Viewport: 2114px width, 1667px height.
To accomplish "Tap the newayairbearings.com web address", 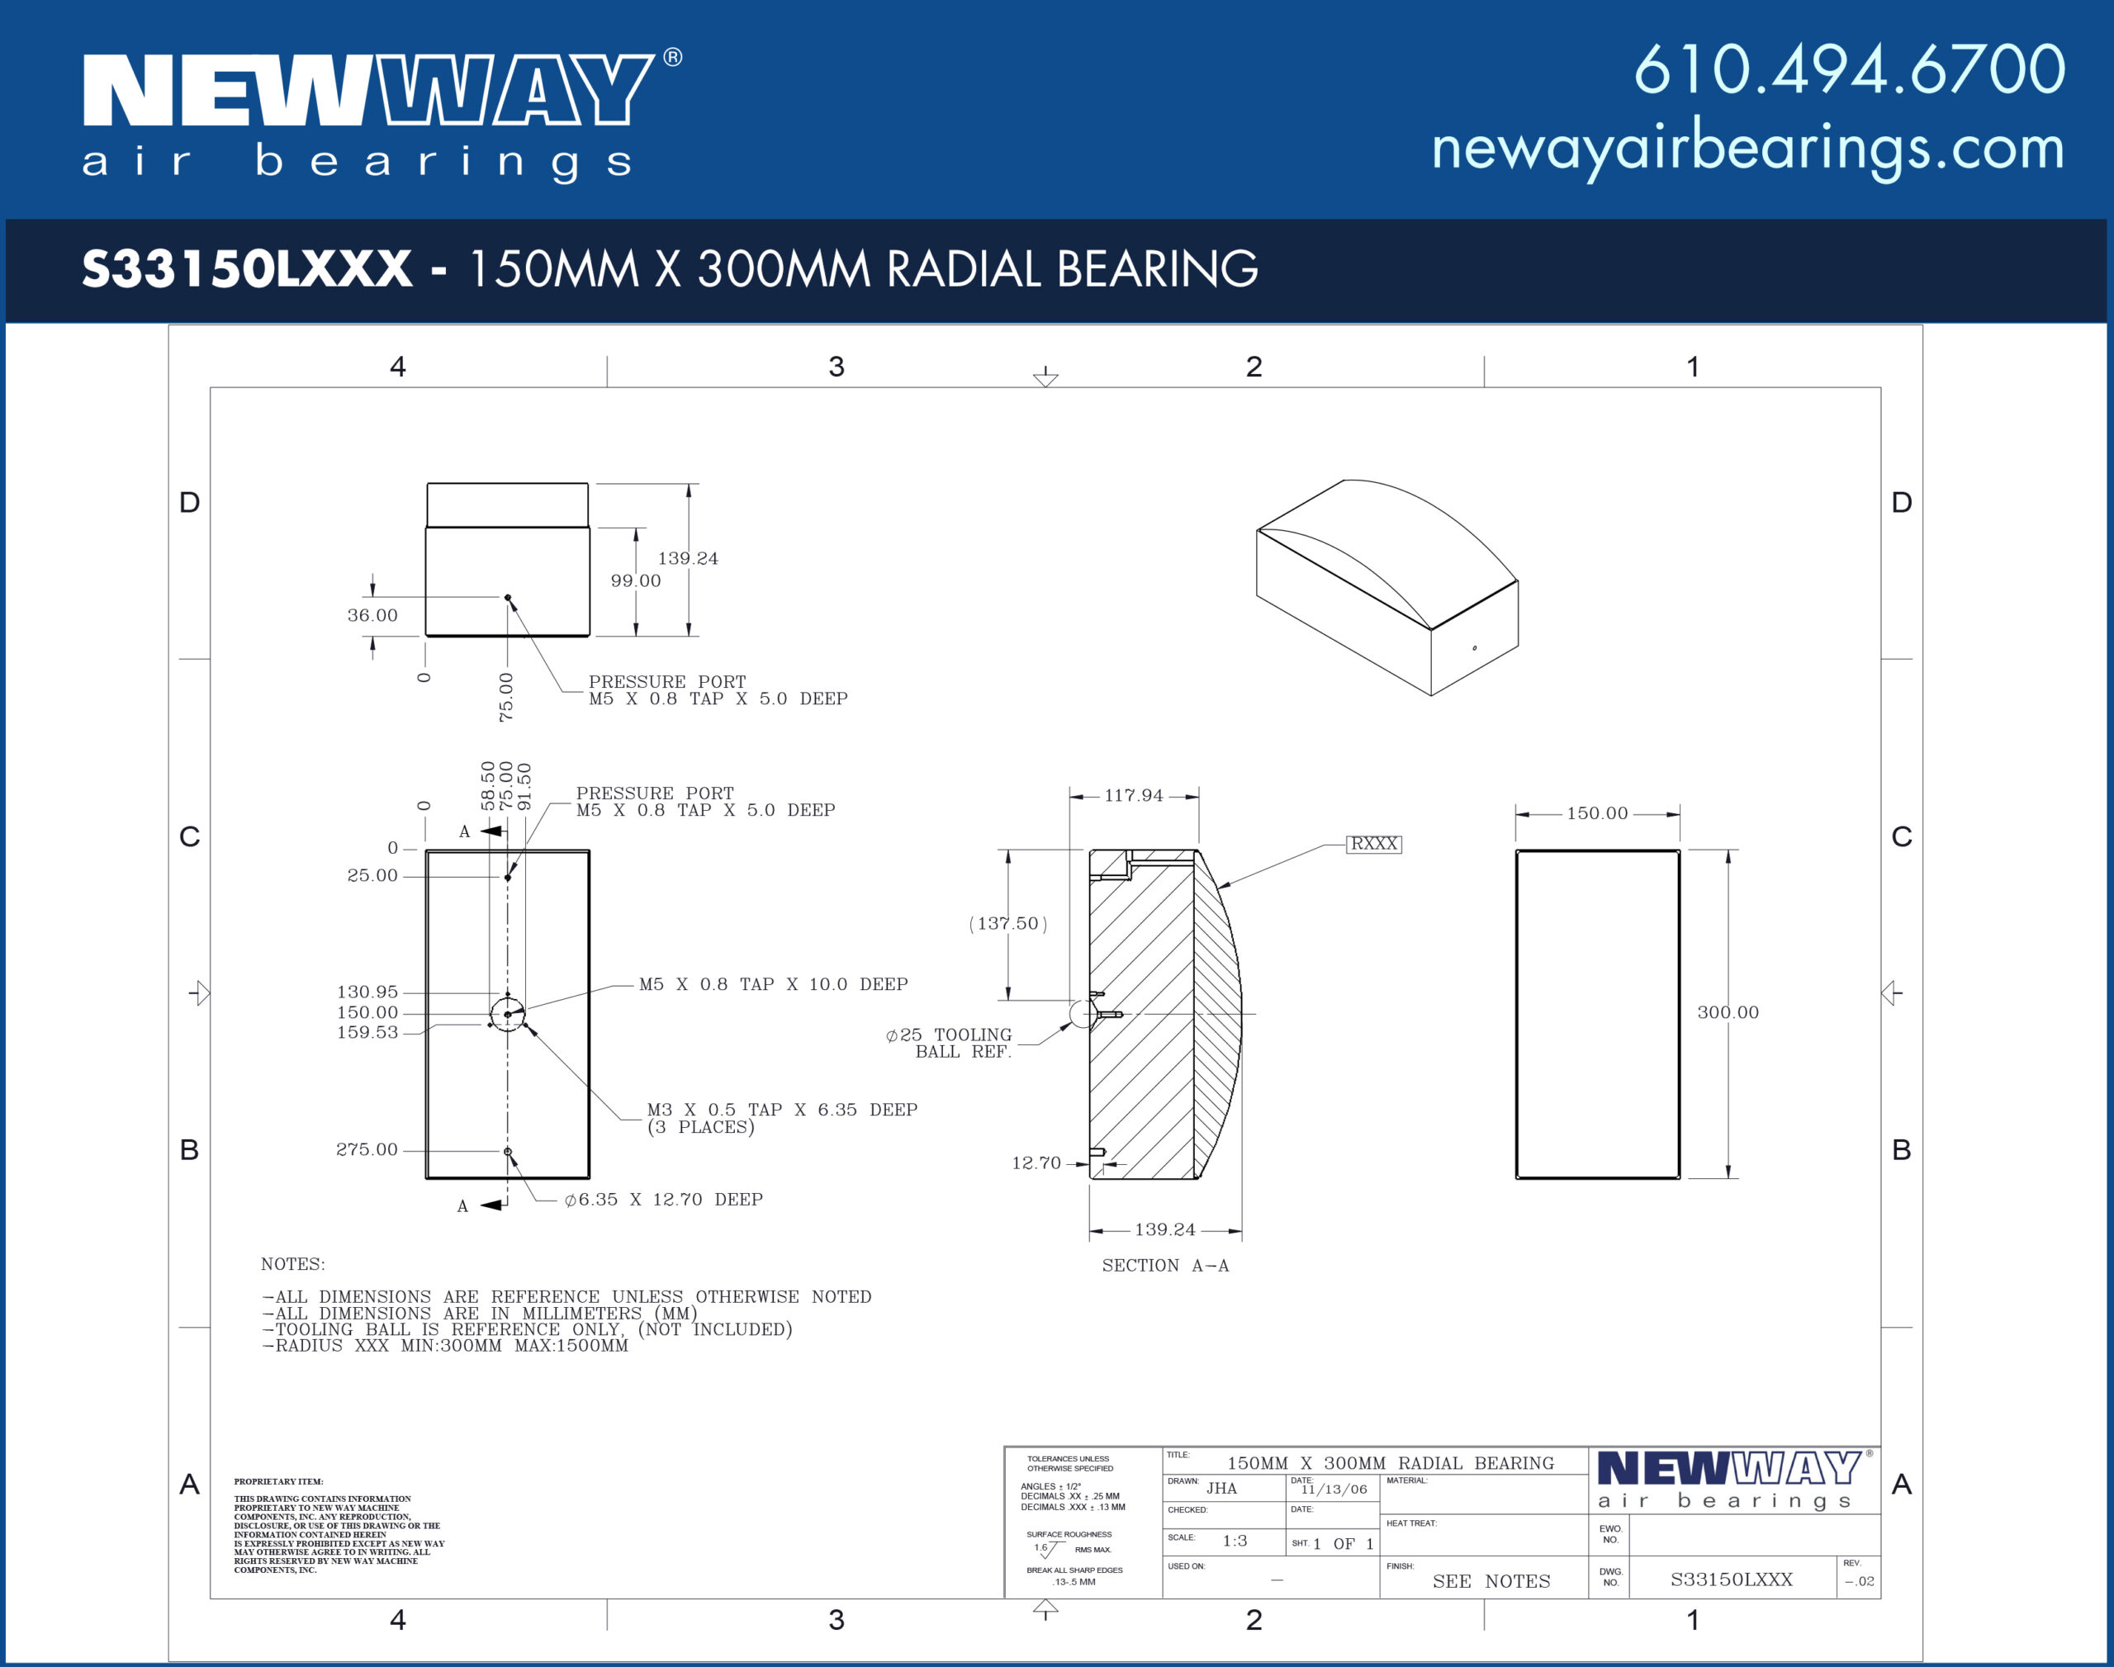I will (x=1747, y=149).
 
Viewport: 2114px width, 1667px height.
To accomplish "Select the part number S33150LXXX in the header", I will (x=247, y=268).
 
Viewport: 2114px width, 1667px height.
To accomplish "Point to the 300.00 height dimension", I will (x=1728, y=1012).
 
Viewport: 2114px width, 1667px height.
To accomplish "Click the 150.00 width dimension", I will (x=1597, y=813).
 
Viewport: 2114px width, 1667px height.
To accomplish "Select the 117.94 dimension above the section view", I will (x=1133, y=795).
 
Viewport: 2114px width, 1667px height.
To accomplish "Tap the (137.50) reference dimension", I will (x=1007, y=923).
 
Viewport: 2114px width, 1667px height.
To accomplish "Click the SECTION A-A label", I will (x=1165, y=1266).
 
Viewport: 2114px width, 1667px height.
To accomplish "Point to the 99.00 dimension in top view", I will (x=635, y=580).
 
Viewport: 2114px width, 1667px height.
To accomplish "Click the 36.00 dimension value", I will (x=372, y=615).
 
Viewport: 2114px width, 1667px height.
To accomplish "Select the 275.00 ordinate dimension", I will (x=367, y=1149).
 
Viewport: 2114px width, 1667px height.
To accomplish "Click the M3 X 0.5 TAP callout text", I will (x=782, y=1110).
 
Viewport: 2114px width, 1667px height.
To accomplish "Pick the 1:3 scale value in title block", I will (x=1235, y=1542).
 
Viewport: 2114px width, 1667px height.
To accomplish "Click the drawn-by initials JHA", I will (x=1221, y=1489).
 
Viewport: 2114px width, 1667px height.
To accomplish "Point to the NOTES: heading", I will (x=293, y=1264).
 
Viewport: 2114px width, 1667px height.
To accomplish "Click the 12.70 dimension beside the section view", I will (x=1036, y=1163).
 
